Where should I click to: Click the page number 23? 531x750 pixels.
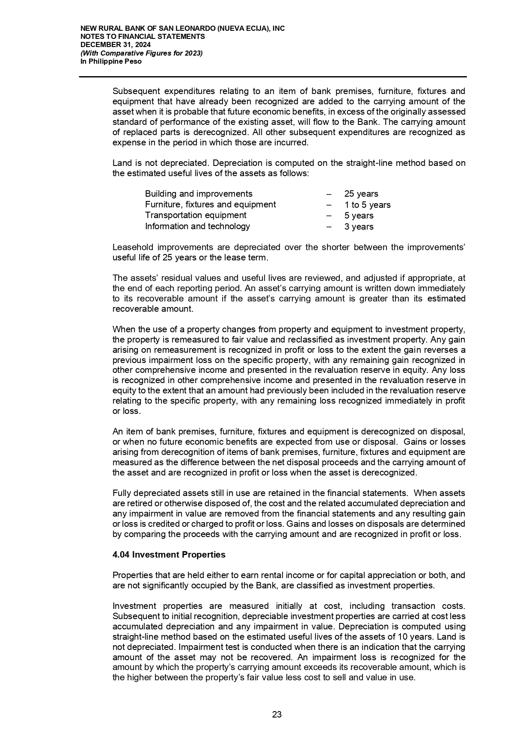click(277, 714)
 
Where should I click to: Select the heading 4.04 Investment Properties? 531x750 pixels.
click(169, 555)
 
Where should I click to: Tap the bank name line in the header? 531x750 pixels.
click(183, 28)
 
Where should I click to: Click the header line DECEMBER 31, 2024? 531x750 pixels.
click(116, 45)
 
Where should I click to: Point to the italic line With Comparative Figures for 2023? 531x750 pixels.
click(142, 53)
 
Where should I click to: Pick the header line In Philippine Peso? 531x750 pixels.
click(111, 61)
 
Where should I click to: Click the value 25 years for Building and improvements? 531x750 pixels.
click(361, 194)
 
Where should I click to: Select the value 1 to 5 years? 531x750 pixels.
click(367, 205)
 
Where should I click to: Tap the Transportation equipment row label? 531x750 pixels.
click(196, 216)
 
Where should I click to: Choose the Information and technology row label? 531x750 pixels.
click(197, 226)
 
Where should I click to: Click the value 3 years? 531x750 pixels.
click(359, 227)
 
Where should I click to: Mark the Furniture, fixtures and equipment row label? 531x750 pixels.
click(210, 205)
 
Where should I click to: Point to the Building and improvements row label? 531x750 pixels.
click(199, 194)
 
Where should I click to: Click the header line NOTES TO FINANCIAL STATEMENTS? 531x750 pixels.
click(143, 37)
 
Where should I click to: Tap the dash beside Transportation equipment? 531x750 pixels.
click(329, 216)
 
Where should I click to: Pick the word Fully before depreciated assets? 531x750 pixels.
click(121, 493)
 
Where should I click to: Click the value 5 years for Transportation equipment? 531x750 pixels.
click(359, 216)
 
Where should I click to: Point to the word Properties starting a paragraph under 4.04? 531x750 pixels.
click(131, 576)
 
